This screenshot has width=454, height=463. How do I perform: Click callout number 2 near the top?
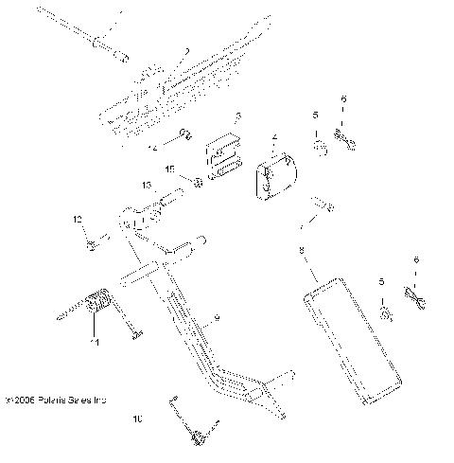[x=186, y=52]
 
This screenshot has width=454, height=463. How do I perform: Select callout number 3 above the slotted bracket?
[x=238, y=116]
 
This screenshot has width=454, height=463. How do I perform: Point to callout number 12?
[x=78, y=219]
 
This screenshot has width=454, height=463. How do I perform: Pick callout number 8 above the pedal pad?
[x=300, y=251]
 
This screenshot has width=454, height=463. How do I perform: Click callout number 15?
[x=170, y=169]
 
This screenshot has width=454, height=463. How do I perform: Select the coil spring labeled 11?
[x=96, y=307]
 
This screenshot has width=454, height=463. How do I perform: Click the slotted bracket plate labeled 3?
[x=222, y=153]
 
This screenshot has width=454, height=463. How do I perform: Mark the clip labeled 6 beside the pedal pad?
[x=416, y=299]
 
